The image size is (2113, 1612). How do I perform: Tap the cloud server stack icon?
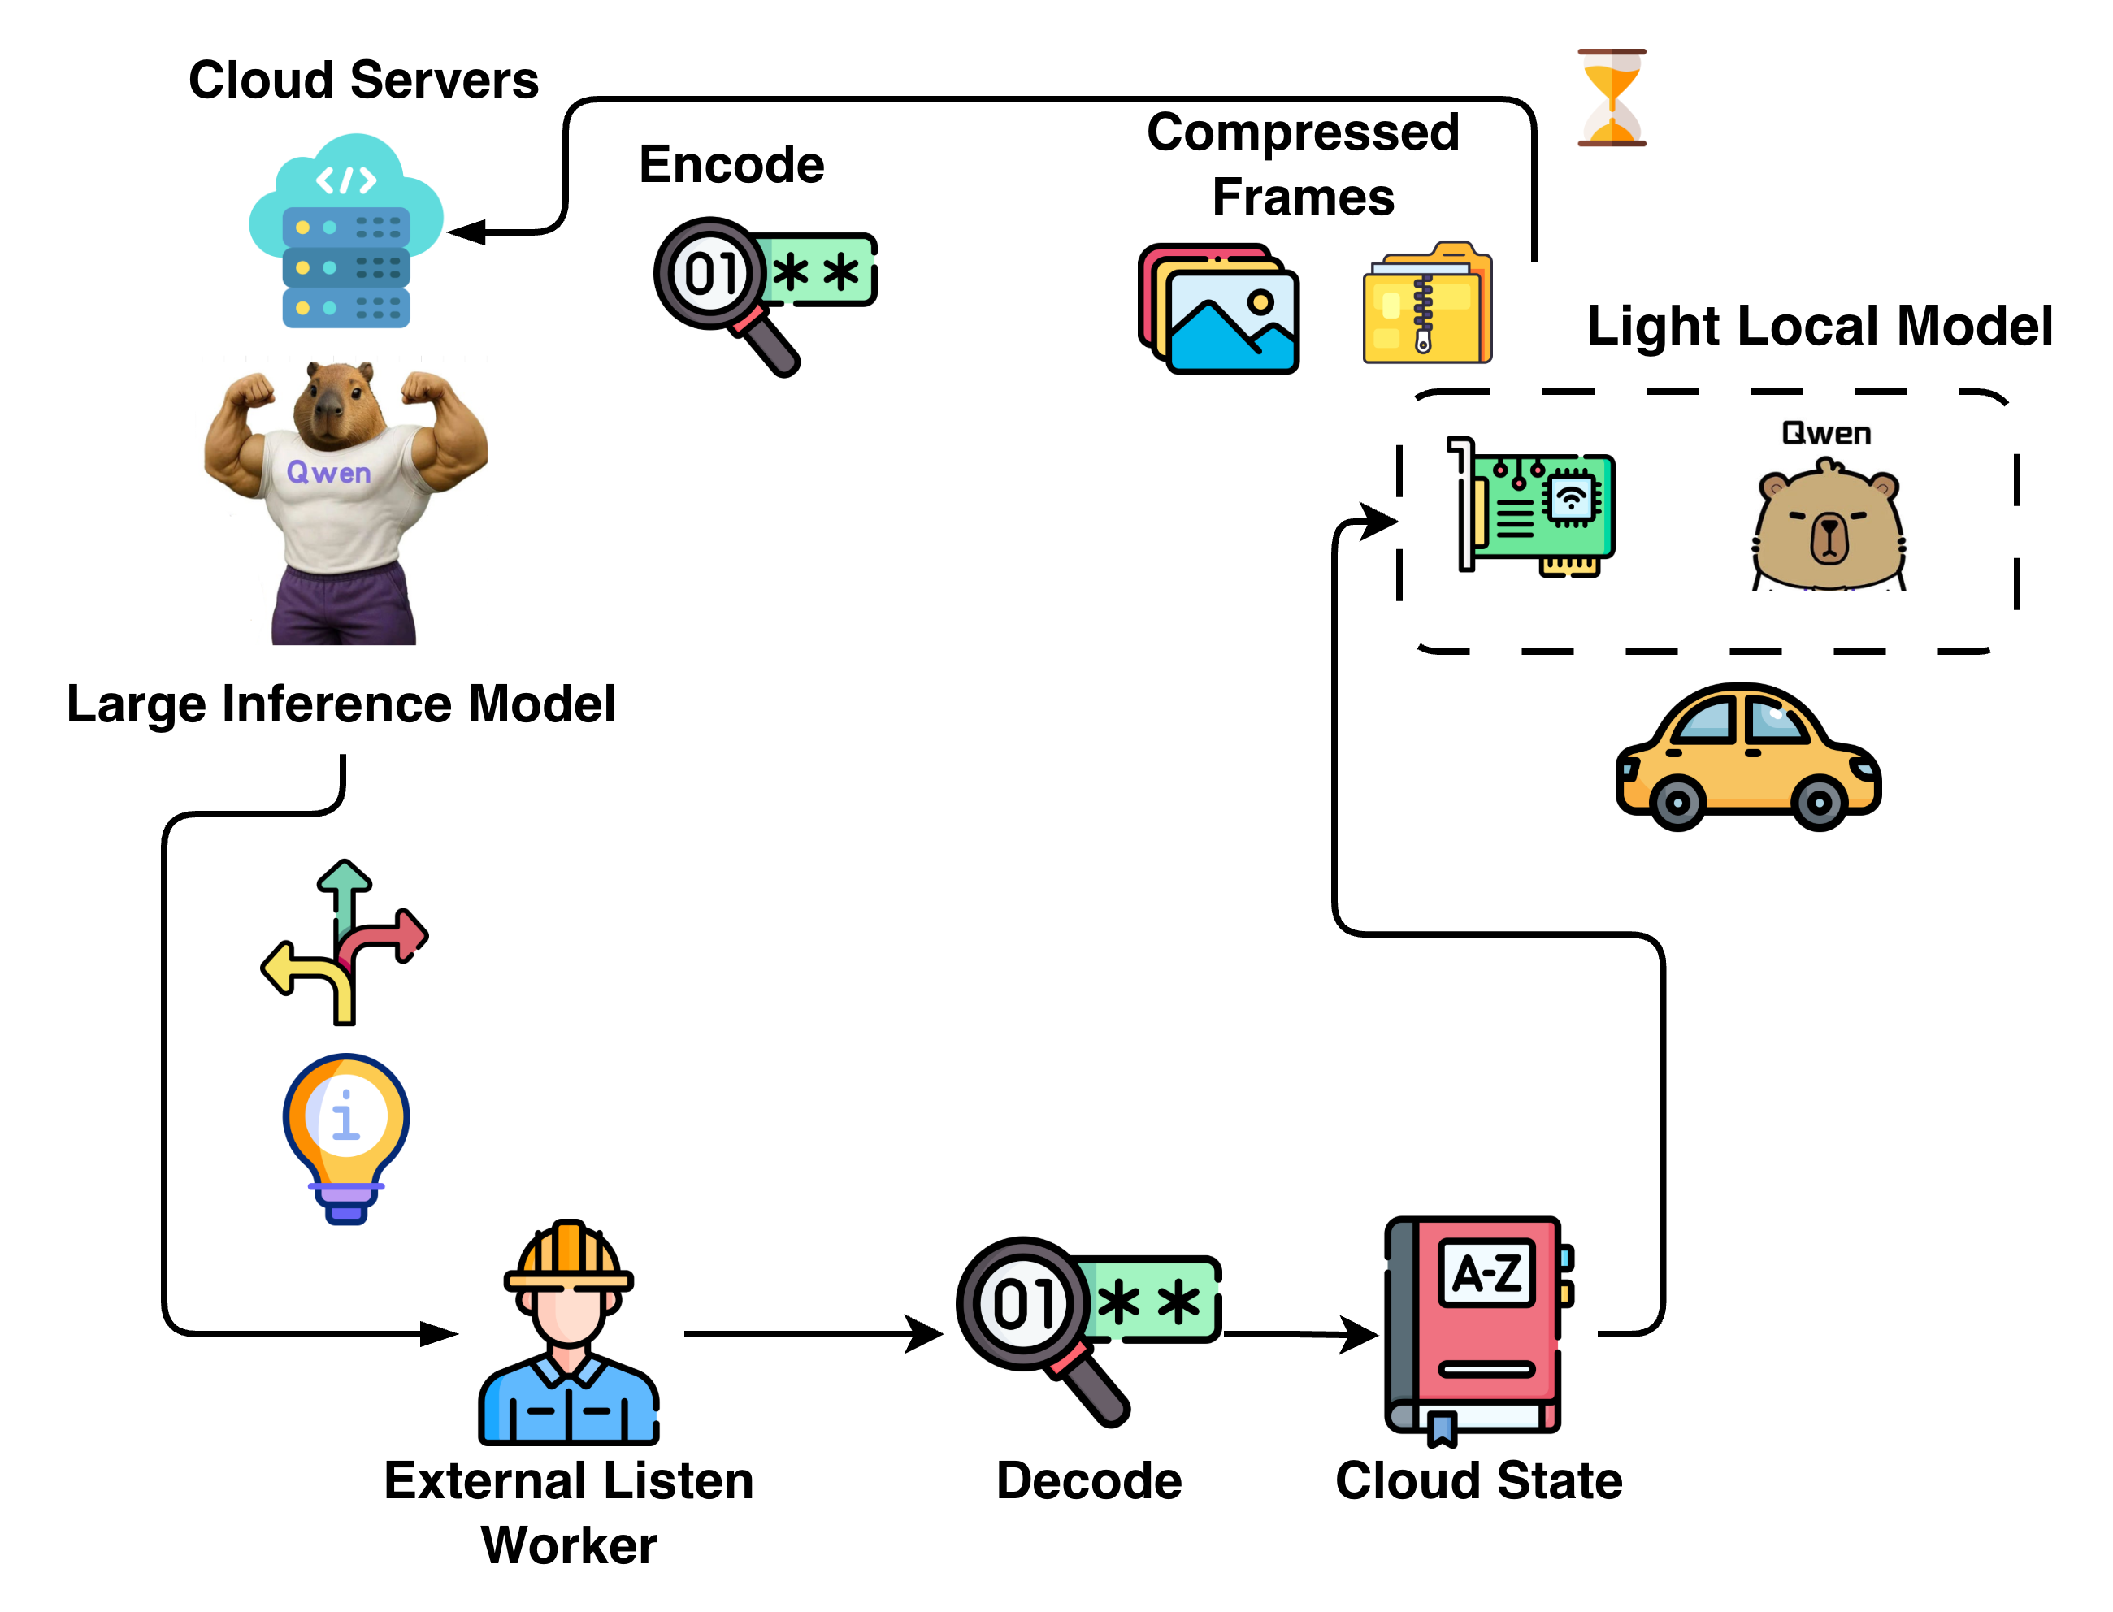[345, 233]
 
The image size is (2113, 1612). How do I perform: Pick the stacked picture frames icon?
[1219, 308]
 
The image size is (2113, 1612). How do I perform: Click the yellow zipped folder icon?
[1427, 305]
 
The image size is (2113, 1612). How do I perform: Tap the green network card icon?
[1535, 505]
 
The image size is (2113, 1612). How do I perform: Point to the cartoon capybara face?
[1828, 528]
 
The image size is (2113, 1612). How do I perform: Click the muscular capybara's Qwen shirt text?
[328, 472]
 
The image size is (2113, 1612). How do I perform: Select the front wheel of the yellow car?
[1820, 801]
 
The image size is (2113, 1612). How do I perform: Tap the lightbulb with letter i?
[345, 1133]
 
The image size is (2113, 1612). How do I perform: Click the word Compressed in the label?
[1302, 132]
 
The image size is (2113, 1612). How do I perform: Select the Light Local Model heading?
[1819, 327]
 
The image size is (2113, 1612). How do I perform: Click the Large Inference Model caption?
[341, 704]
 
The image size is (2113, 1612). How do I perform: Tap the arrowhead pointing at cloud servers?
[468, 232]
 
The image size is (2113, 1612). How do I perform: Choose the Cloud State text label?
[1477, 1480]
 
